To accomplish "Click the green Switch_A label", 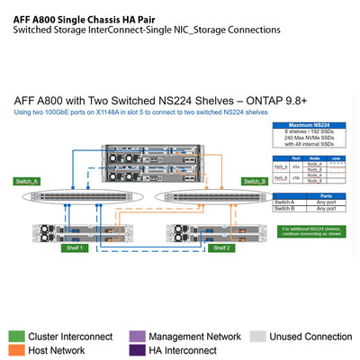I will [27, 181].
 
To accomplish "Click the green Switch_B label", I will [256, 181].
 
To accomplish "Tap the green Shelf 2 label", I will [221, 247].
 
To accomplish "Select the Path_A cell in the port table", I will [281, 165].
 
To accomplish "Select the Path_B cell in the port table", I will [281, 177].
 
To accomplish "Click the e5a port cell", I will [296, 165].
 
